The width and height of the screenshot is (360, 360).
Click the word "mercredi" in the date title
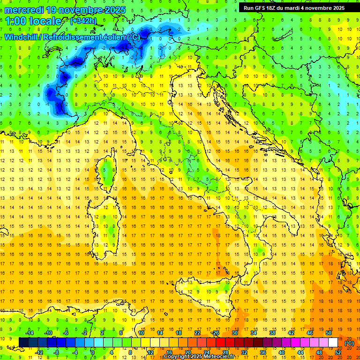[x=24, y=9]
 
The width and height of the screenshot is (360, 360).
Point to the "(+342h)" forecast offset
[x=83, y=21]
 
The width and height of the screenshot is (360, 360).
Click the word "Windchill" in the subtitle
[x=21, y=37]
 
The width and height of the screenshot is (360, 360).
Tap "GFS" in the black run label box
[x=263, y=8]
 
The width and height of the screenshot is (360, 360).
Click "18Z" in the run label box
[x=276, y=8]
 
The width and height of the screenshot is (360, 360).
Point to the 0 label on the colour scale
[x=93, y=352]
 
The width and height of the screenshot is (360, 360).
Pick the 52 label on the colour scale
[x=337, y=352]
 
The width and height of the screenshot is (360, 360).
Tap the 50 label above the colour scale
[x=328, y=333]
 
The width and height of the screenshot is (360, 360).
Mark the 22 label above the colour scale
[x=197, y=333]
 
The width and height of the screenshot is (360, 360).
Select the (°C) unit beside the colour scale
[x=349, y=343]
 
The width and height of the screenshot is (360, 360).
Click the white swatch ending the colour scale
[x=333, y=343]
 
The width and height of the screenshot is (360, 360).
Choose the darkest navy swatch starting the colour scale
[x=23, y=343]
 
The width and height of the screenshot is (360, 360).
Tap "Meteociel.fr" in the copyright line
[x=219, y=357]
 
